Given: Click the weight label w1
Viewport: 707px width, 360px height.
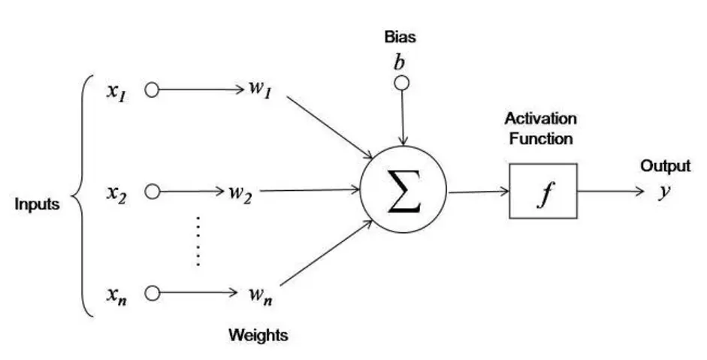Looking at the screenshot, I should coord(258,91).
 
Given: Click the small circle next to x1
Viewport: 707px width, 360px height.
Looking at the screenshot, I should coord(153,91).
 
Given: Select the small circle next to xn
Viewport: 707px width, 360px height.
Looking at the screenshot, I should coord(153,293).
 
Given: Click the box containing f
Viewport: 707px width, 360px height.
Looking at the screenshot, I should coord(542,191).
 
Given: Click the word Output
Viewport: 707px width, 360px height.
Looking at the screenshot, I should coord(665,166).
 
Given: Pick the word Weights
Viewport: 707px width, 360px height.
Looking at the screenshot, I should coord(258,335).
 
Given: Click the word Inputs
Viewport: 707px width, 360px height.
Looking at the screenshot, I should coord(38,204).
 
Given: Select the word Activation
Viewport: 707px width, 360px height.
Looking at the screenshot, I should coord(540,119).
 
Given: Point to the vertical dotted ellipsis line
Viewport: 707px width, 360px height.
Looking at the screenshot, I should coord(198,241).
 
